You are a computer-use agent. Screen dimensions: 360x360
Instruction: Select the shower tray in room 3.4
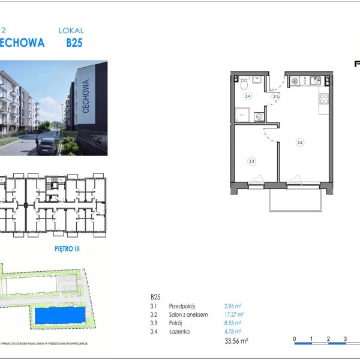(243, 113)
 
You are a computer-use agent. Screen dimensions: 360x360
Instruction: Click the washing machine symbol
(259, 117)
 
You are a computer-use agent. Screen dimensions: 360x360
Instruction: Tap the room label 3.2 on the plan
(299, 143)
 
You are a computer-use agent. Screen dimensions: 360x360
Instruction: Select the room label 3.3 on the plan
(251, 160)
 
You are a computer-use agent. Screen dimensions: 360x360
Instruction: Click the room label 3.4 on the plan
(247, 95)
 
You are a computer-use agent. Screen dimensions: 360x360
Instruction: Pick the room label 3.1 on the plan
(275, 96)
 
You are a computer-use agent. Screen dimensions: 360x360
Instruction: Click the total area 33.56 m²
(236, 341)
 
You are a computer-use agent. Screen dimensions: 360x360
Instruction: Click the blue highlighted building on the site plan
(58, 314)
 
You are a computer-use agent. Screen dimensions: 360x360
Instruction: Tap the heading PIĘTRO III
(67, 246)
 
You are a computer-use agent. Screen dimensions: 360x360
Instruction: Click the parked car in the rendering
(47, 146)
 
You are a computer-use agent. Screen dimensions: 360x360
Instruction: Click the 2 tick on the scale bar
(328, 339)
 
